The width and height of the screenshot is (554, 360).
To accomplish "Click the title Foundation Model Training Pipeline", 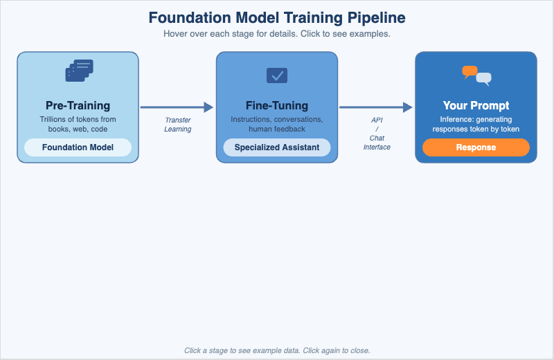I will pyautogui.click(x=277, y=17).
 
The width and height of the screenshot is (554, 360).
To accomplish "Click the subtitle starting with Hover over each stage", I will pyautogui.click(x=277, y=34).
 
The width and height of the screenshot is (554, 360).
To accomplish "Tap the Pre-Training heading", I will pyautogui.click(x=78, y=105).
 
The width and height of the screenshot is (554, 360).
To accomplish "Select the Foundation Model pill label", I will pyautogui.click(x=78, y=147).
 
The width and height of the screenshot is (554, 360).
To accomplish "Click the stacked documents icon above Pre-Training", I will pyautogui.click(x=78, y=71).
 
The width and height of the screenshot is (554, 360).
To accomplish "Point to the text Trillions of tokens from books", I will pyautogui.click(x=78, y=124).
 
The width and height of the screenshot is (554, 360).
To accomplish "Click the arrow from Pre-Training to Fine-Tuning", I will pyautogui.click(x=177, y=107).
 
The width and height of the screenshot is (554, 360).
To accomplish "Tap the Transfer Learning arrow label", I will pyautogui.click(x=178, y=125).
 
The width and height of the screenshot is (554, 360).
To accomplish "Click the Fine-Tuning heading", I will pyautogui.click(x=277, y=105).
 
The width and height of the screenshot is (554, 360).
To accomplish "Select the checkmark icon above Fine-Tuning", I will pyautogui.click(x=277, y=75).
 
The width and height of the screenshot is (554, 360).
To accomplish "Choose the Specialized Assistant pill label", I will pyautogui.click(x=277, y=147).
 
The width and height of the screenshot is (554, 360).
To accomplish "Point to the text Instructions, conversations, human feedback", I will pyautogui.click(x=277, y=124).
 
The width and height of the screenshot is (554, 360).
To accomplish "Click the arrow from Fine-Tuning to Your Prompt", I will pyautogui.click(x=375, y=107).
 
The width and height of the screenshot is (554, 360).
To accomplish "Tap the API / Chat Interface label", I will pyautogui.click(x=377, y=133).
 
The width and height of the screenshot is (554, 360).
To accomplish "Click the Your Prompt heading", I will pyautogui.click(x=476, y=105).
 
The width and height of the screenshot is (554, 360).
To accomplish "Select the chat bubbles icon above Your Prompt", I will pyautogui.click(x=476, y=75).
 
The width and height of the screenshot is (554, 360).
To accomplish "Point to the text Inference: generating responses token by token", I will pyautogui.click(x=476, y=124).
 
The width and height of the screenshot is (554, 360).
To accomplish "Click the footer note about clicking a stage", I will pyautogui.click(x=277, y=350).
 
